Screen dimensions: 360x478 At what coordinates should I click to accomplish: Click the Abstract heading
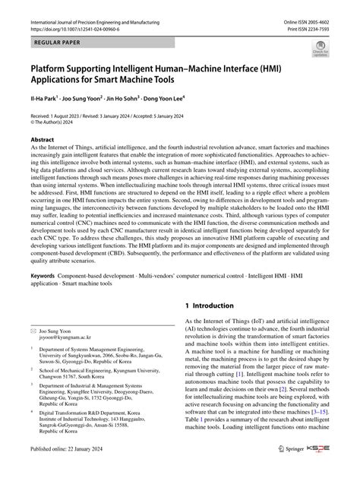[x=42, y=140]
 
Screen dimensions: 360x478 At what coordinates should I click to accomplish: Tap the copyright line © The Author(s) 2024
[x=62, y=119]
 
